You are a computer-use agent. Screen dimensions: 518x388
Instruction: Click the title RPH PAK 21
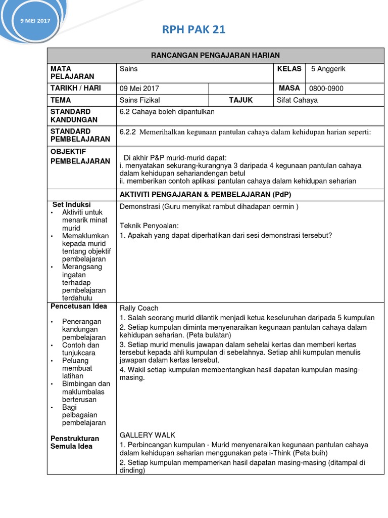click(x=193, y=30)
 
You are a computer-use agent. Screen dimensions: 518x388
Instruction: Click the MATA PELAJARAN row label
click(x=72, y=72)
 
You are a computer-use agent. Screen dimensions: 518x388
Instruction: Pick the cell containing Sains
click(x=129, y=69)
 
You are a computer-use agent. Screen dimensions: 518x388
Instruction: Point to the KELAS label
click(x=289, y=69)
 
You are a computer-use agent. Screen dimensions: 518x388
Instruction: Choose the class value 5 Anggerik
click(x=328, y=69)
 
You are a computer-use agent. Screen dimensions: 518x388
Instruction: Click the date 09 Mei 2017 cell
click(x=139, y=89)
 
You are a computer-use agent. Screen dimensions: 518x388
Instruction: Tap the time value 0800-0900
click(x=326, y=89)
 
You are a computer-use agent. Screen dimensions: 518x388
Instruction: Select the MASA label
click(x=289, y=88)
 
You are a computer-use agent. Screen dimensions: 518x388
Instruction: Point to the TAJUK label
click(x=240, y=100)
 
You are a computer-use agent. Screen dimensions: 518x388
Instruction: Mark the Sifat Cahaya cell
click(x=298, y=100)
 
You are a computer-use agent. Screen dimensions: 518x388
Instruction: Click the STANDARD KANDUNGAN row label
click(x=71, y=115)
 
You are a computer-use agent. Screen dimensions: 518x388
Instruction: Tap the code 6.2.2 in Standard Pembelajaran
click(x=128, y=132)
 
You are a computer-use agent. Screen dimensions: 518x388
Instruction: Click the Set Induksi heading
click(x=72, y=204)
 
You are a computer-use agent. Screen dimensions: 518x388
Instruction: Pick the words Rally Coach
click(x=139, y=308)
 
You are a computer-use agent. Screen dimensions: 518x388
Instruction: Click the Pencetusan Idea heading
click(x=79, y=306)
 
